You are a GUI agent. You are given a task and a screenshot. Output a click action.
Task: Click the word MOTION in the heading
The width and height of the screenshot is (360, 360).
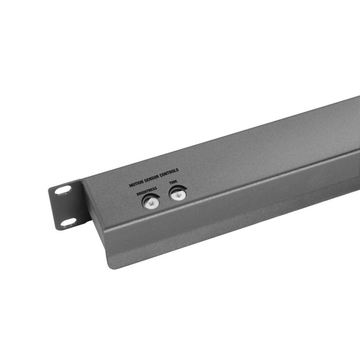pos(136,183)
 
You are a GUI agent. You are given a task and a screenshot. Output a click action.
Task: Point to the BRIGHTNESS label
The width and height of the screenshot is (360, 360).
pos(146,190)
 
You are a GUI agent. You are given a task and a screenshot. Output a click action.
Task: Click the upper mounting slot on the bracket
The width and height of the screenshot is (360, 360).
pos(63,190)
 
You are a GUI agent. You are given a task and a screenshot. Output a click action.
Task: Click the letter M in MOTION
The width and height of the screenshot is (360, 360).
pos(131,185)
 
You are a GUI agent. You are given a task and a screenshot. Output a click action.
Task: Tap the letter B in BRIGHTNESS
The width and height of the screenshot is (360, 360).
pos(137,194)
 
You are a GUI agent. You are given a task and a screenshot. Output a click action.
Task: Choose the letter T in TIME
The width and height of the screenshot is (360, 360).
pos(169,184)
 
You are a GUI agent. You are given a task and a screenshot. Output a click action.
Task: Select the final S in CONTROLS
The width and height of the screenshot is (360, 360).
pos(177,170)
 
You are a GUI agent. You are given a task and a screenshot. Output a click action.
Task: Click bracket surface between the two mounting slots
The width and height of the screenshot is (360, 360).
pos(65,206)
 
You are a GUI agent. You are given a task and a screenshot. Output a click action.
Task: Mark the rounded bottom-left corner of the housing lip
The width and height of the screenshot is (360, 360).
pos(111,265)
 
